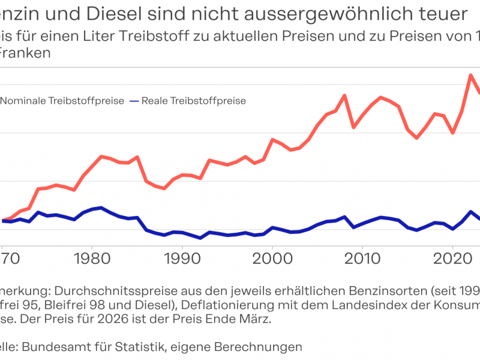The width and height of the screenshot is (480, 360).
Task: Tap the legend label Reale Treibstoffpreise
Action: pyautogui.click(x=194, y=101)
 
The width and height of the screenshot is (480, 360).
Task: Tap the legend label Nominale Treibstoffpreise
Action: pyautogui.click(x=62, y=101)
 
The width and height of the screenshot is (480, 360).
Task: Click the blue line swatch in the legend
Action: pyautogui.click(x=134, y=101)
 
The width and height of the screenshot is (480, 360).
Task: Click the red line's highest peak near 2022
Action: pyautogui.click(x=471, y=75)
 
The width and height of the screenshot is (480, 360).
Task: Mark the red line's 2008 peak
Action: pyautogui.click(x=344, y=95)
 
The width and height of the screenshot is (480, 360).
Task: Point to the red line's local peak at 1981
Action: pyautogui.click(x=101, y=156)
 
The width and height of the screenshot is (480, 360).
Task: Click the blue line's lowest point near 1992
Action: pyautogui.click(x=200, y=238)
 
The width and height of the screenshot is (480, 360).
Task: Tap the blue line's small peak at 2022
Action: pyautogui.click(x=471, y=212)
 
